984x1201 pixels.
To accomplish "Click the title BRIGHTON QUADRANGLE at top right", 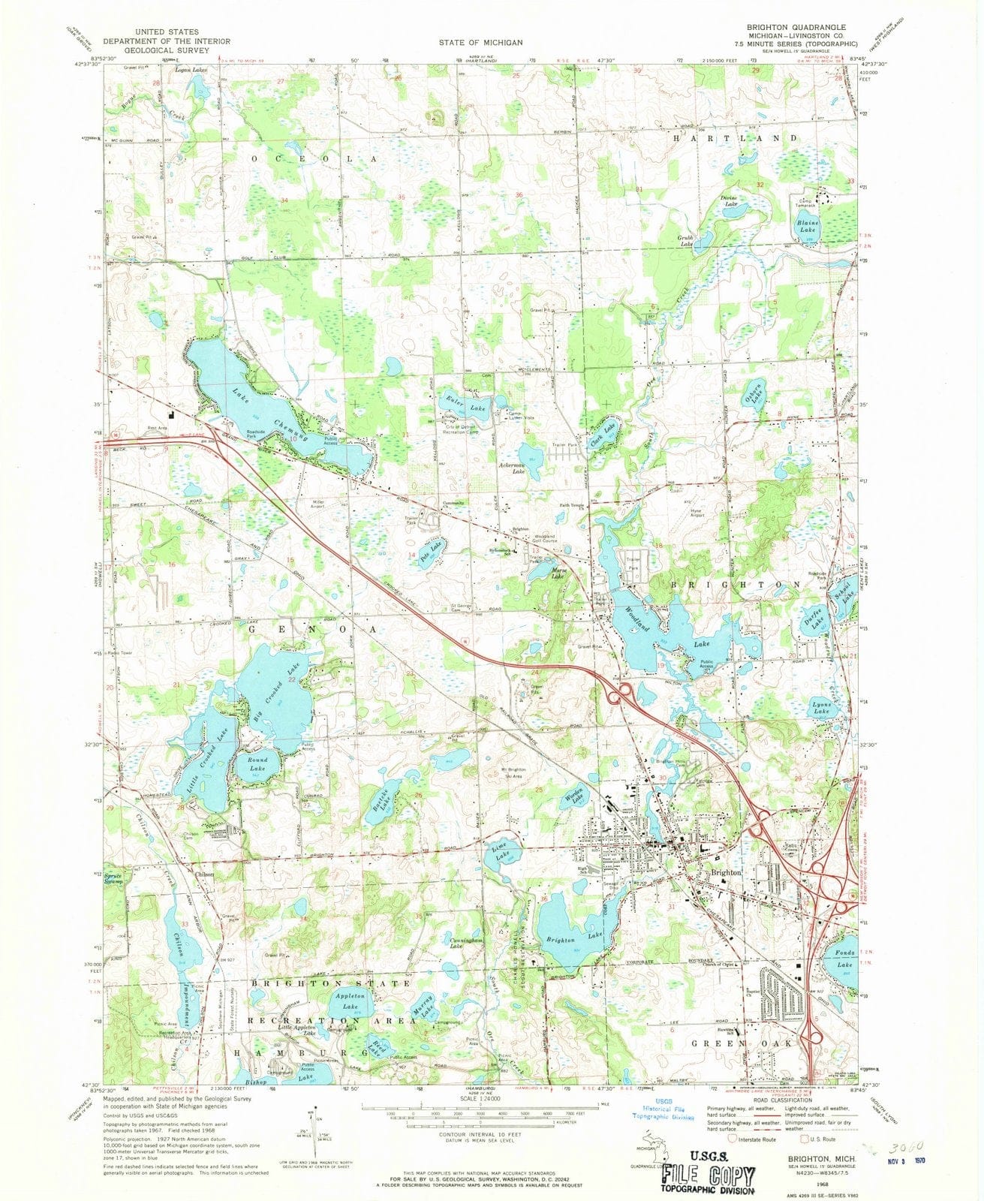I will [x=796, y=26].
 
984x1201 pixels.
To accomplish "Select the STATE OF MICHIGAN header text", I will [x=481, y=43].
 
